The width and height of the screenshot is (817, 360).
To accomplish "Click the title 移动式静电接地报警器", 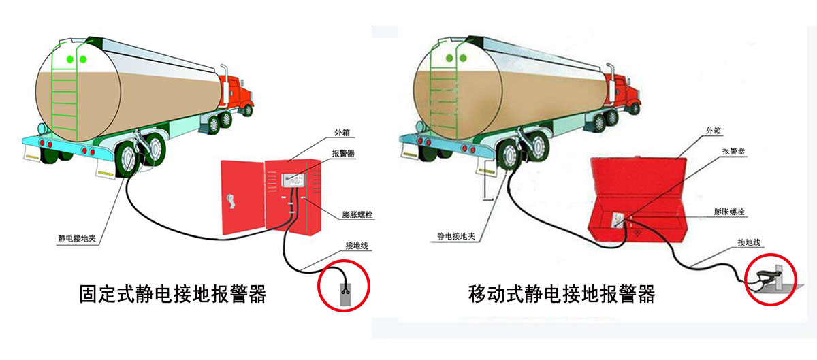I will (562, 294).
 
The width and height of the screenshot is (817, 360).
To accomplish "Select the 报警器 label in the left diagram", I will (342, 154).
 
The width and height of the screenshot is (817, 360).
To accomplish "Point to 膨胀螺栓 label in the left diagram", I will (357, 214).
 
